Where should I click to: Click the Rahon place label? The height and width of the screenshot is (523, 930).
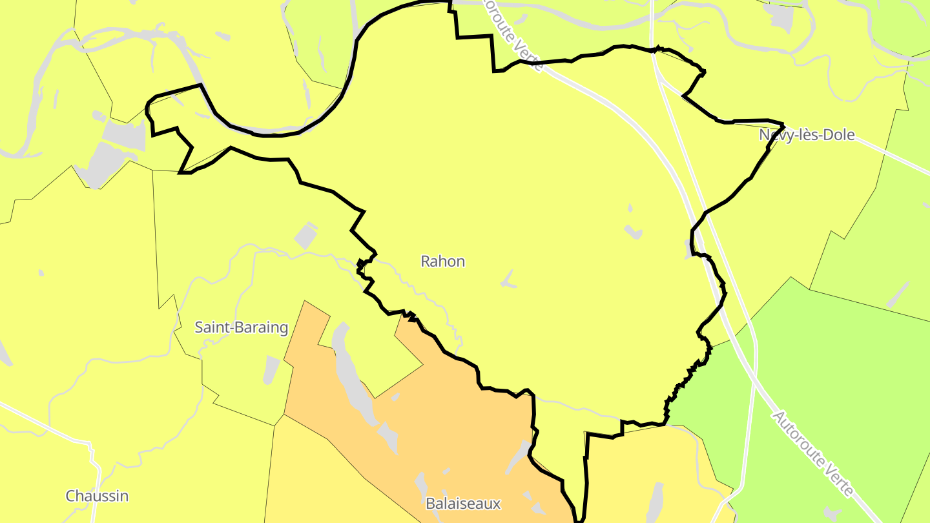pyautogui.click(x=442, y=261)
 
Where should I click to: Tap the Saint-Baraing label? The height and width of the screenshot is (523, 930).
pyautogui.click(x=241, y=327)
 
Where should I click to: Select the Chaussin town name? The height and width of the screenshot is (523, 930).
pyautogui.click(x=97, y=496)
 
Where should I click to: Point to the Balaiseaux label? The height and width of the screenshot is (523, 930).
pyautogui.click(x=463, y=503)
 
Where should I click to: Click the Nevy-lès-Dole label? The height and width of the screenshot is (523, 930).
pyautogui.click(x=807, y=135)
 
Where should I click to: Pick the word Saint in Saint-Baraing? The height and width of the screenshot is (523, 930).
pyautogui.click(x=211, y=327)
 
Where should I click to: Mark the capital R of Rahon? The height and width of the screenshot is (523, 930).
pyautogui.click(x=425, y=261)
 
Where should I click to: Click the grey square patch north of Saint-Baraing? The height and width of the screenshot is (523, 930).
pyautogui.click(x=306, y=236)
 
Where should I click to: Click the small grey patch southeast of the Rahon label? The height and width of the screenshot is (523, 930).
pyautogui.click(x=509, y=280)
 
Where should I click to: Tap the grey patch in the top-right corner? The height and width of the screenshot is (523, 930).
pyautogui.click(x=781, y=18)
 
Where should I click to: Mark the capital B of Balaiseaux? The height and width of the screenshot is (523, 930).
pyautogui.click(x=429, y=503)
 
